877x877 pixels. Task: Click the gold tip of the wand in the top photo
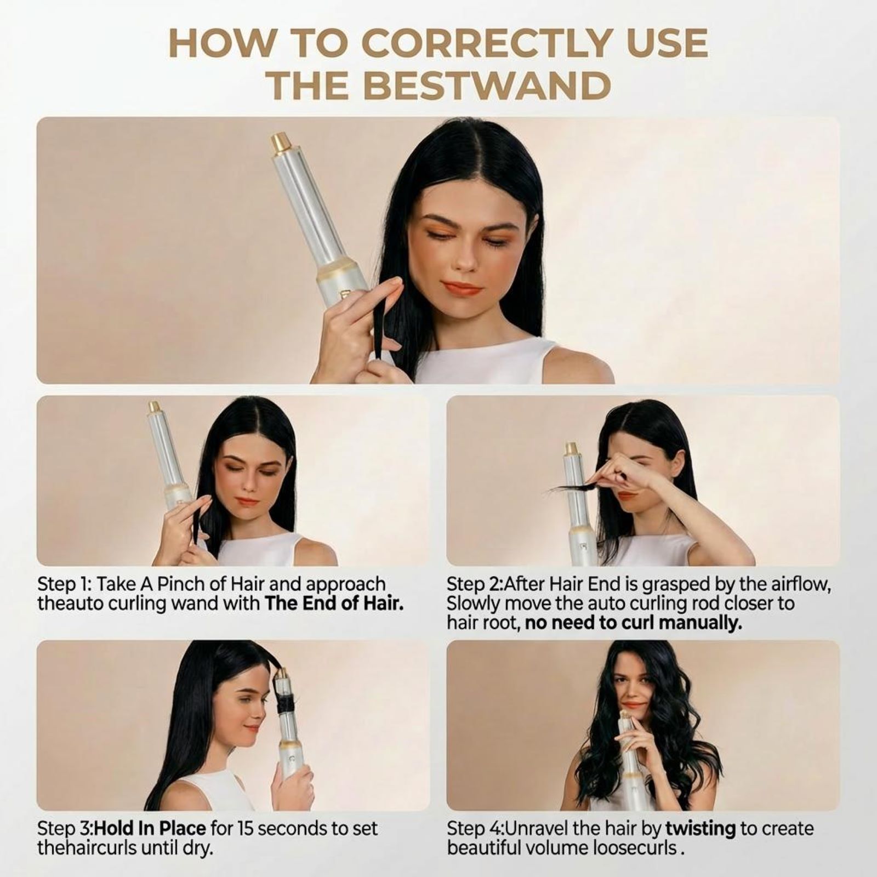click(281, 143)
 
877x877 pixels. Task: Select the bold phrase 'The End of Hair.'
click(334, 603)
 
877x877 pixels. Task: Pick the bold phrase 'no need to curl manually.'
click(633, 623)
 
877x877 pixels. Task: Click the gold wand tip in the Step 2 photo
click(571, 448)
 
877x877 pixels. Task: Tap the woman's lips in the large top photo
click(461, 289)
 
